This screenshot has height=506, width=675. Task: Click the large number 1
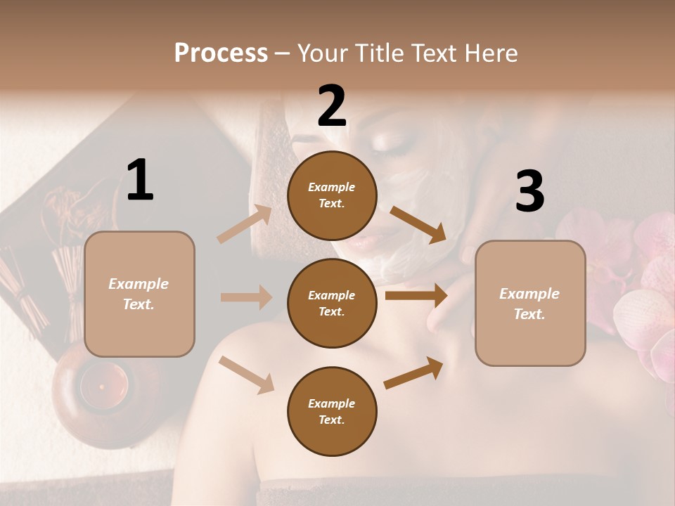(140, 180)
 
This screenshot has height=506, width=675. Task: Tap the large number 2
(332, 106)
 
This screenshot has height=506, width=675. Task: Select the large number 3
(529, 192)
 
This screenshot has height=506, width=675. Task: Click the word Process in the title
(221, 53)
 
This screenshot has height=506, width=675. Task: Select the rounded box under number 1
(139, 294)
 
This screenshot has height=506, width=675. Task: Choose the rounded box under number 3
(530, 303)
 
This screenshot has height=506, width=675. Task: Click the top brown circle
(332, 195)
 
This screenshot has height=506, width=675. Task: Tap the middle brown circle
(332, 303)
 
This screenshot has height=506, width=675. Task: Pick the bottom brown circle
(332, 411)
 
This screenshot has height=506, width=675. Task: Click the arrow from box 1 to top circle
(244, 225)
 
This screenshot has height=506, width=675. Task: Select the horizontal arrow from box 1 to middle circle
(245, 297)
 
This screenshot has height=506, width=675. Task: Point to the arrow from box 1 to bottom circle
(246, 375)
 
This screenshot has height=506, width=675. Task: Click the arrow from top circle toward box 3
(418, 225)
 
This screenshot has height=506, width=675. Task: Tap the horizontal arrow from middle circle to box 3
(416, 296)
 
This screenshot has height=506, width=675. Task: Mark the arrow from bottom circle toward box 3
(413, 373)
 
